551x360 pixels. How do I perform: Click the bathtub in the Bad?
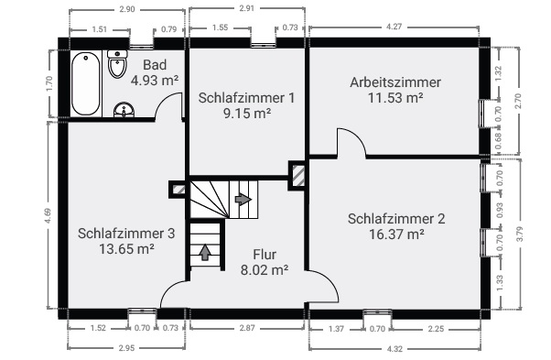pos(86,82)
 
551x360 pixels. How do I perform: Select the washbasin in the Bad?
pos(125,111)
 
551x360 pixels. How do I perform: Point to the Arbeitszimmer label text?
pos(394,82)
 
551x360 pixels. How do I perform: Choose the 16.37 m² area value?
pos(396,234)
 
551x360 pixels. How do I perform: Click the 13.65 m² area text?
pos(125,248)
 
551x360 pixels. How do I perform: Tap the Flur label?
pos(264,254)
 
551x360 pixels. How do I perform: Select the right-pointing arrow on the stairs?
pos(243,198)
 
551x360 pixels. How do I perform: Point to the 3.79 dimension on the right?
pos(519,233)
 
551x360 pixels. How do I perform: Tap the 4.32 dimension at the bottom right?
pos(394,348)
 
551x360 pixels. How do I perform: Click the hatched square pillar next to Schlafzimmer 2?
pos(298,175)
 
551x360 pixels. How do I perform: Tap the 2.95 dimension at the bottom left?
pos(126,348)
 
